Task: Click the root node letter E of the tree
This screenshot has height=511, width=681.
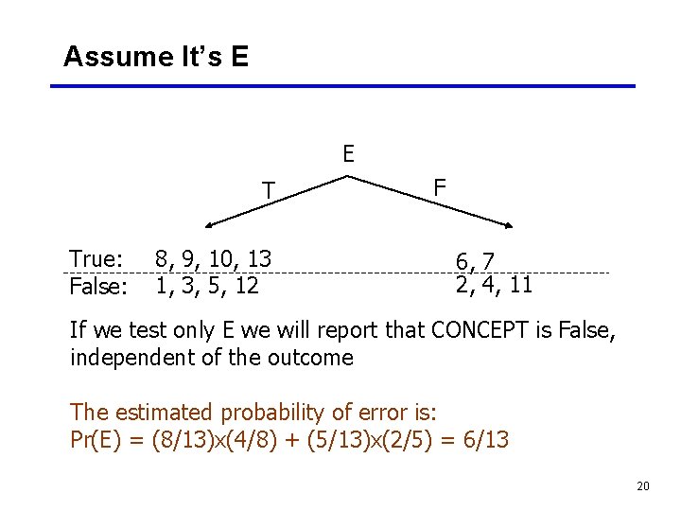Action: point(348,154)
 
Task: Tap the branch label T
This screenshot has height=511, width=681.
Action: point(269,192)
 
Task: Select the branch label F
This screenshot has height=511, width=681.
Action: point(440,187)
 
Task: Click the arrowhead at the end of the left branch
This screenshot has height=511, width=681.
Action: point(210,226)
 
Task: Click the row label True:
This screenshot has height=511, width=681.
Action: point(96,259)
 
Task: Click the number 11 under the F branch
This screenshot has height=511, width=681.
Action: point(519,284)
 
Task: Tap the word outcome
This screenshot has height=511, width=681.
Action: point(316,358)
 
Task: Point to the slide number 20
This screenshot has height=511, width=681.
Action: point(643,486)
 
